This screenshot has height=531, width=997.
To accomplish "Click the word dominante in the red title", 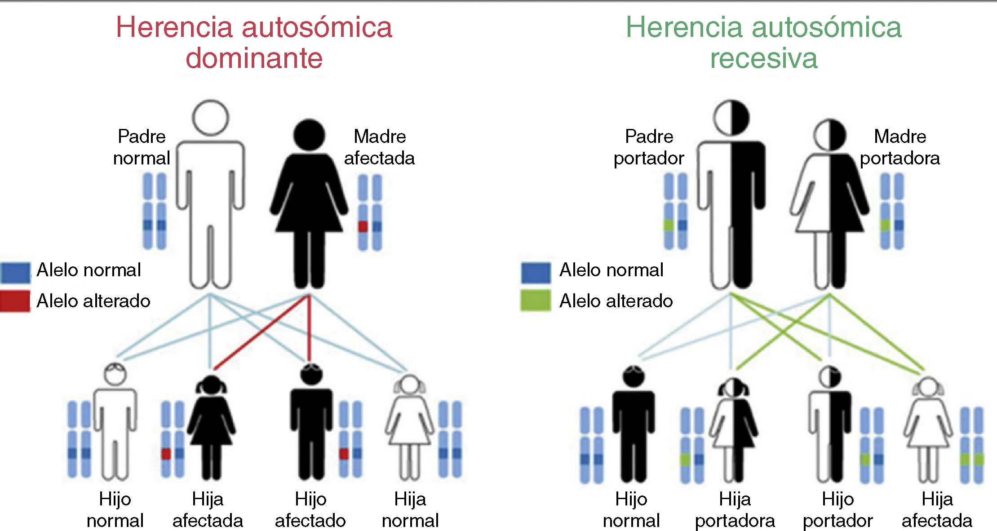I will (x=254, y=58).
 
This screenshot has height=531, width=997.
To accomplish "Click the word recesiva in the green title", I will (x=763, y=58).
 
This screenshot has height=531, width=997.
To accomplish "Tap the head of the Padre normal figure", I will (x=210, y=118).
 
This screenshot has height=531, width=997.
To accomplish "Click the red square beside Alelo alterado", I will (x=15, y=301).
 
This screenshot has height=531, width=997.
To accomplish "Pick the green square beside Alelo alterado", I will (x=535, y=301).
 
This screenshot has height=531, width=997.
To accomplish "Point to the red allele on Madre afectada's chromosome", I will (x=363, y=226).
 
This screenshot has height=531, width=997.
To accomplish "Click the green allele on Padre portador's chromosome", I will (x=669, y=225).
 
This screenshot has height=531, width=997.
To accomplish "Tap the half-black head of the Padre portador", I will (x=731, y=118).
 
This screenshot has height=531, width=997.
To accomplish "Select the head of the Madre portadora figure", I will (x=829, y=135).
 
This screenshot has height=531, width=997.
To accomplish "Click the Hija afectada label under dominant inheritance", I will (x=208, y=510).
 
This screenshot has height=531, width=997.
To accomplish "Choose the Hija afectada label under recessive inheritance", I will (x=937, y=510).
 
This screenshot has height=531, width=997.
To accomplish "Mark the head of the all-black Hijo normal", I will (x=634, y=376).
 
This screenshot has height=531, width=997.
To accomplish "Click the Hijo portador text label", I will (x=837, y=510).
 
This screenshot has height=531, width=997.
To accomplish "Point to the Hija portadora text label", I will (x=735, y=510).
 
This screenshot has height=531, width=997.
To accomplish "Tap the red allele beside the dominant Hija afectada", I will (x=166, y=454).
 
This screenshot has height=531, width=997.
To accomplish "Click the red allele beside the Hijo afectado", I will (x=344, y=454).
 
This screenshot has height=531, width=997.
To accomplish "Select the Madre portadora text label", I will (x=900, y=147).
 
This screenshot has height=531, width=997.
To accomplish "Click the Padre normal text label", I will (x=142, y=147).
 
